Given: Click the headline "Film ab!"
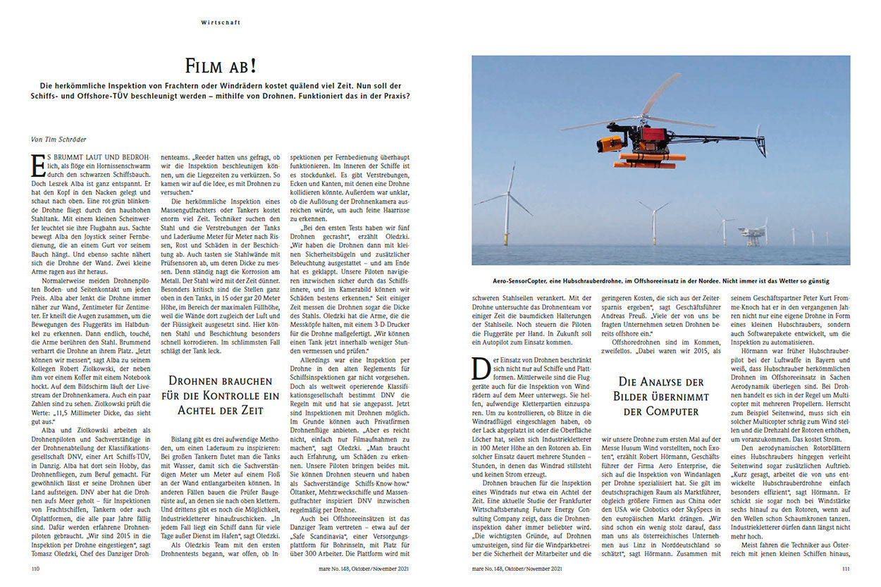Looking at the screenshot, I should [x=219, y=66].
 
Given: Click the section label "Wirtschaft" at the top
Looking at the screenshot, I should [x=220, y=23].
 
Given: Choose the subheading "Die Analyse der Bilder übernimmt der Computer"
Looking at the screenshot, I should [x=661, y=395].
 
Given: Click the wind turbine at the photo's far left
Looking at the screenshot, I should [x=507, y=204].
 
